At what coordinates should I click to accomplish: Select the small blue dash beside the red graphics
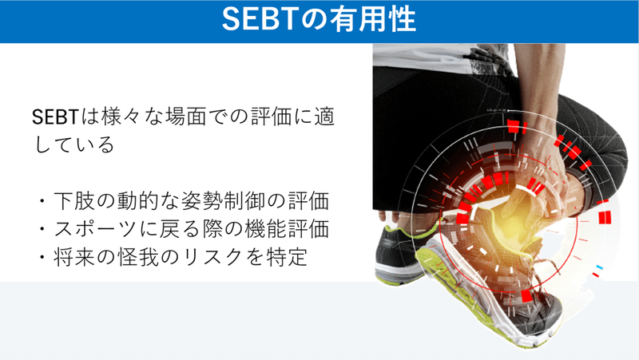(597, 266)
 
